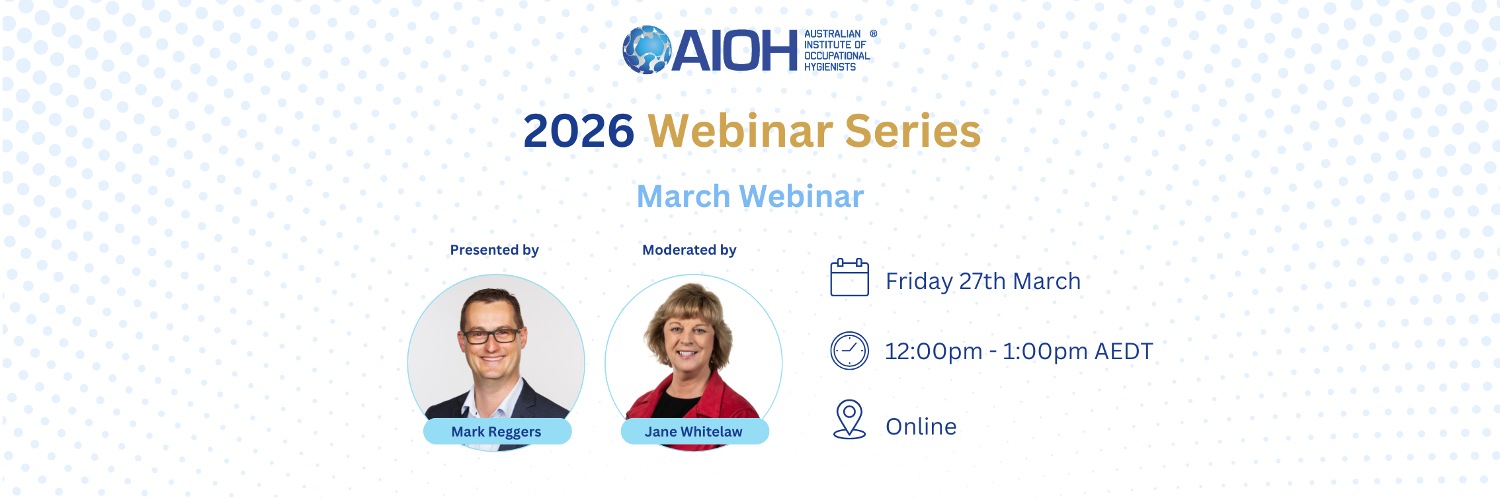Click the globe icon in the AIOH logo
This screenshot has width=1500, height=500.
point(647,50)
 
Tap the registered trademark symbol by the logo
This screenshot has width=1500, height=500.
point(874,34)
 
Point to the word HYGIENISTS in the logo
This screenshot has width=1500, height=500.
point(830,67)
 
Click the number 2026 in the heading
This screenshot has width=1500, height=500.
point(579,130)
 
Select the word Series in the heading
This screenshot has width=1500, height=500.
point(913,130)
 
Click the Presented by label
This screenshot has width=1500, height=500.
point(495,250)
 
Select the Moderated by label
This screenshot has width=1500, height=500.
point(689,250)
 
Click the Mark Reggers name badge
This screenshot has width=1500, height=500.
point(497,431)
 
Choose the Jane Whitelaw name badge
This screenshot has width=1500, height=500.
point(694,431)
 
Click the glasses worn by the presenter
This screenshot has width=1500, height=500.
point(492,335)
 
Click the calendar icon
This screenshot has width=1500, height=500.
point(850,277)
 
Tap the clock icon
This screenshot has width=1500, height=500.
point(850,351)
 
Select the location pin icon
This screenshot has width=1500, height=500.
point(850,419)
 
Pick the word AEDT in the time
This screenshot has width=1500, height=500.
point(1124,351)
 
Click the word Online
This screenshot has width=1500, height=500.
point(921,427)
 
